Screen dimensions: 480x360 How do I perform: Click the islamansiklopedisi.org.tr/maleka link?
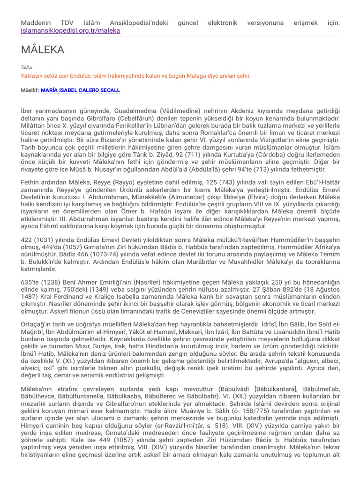coord(70,30)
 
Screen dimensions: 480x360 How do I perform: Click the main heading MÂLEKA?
coord(43,50)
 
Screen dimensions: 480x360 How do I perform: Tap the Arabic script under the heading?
coord(27,67)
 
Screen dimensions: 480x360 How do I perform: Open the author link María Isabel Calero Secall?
coord(80,90)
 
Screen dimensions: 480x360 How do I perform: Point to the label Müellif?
coord(30,90)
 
